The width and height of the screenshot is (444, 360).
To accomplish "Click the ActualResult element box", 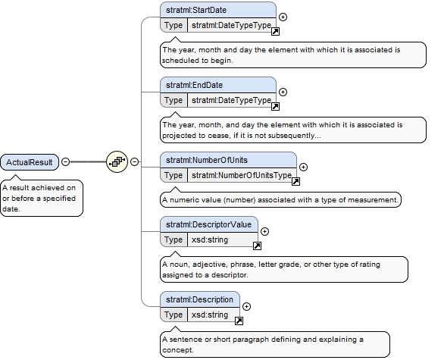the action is [x=30, y=162].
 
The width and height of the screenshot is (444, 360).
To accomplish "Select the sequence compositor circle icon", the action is [x=117, y=161].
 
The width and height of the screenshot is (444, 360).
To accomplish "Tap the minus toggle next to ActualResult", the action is [x=65, y=161].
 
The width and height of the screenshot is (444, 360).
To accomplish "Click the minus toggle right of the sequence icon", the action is [x=135, y=161].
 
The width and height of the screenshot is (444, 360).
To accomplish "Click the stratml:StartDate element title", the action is [x=196, y=10].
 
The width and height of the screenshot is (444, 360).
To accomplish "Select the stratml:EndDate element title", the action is [x=194, y=85].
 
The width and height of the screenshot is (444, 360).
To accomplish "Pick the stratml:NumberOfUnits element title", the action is [x=207, y=161].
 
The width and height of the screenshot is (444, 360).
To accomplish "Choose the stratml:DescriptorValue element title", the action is [x=208, y=224].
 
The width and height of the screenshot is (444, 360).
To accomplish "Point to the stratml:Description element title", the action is [x=199, y=299].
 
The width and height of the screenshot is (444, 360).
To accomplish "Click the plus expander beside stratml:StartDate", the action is [x=283, y=17].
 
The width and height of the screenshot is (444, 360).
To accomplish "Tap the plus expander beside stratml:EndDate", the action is [x=283, y=92].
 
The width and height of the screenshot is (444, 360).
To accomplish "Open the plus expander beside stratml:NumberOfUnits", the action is [x=303, y=167].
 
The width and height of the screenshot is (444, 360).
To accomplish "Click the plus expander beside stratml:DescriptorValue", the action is [x=264, y=232].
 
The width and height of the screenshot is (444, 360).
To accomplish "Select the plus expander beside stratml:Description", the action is [x=247, y=306].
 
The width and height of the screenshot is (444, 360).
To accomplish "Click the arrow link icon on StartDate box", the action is [x=275, y=31].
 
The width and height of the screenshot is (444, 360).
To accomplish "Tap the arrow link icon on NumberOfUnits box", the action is [x=295, y=181].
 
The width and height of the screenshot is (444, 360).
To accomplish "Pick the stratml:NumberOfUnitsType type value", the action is [x=242, y=175].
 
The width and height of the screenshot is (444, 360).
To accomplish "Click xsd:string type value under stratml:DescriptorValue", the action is [x=210, y=240].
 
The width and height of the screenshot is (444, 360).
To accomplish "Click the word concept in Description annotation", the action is [x=178, y=350].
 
